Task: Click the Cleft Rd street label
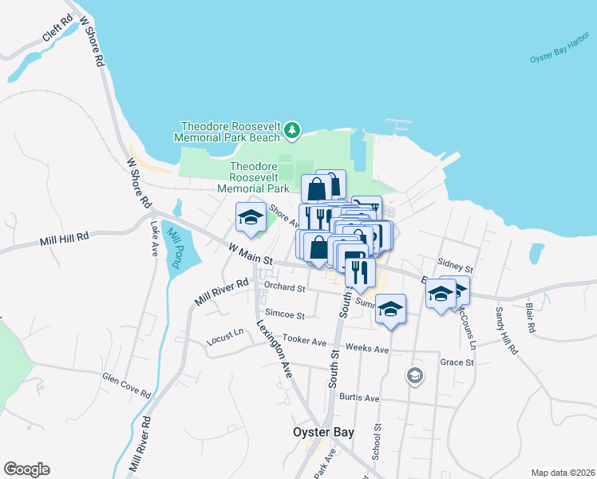coord(58,33)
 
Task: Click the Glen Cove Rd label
coord(127,385)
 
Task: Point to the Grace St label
coord(457,362)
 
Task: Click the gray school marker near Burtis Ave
coord(414,375)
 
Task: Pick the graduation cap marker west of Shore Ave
coord(250,217)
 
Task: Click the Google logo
coord(26,469)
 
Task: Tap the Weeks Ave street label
coord(368,350)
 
